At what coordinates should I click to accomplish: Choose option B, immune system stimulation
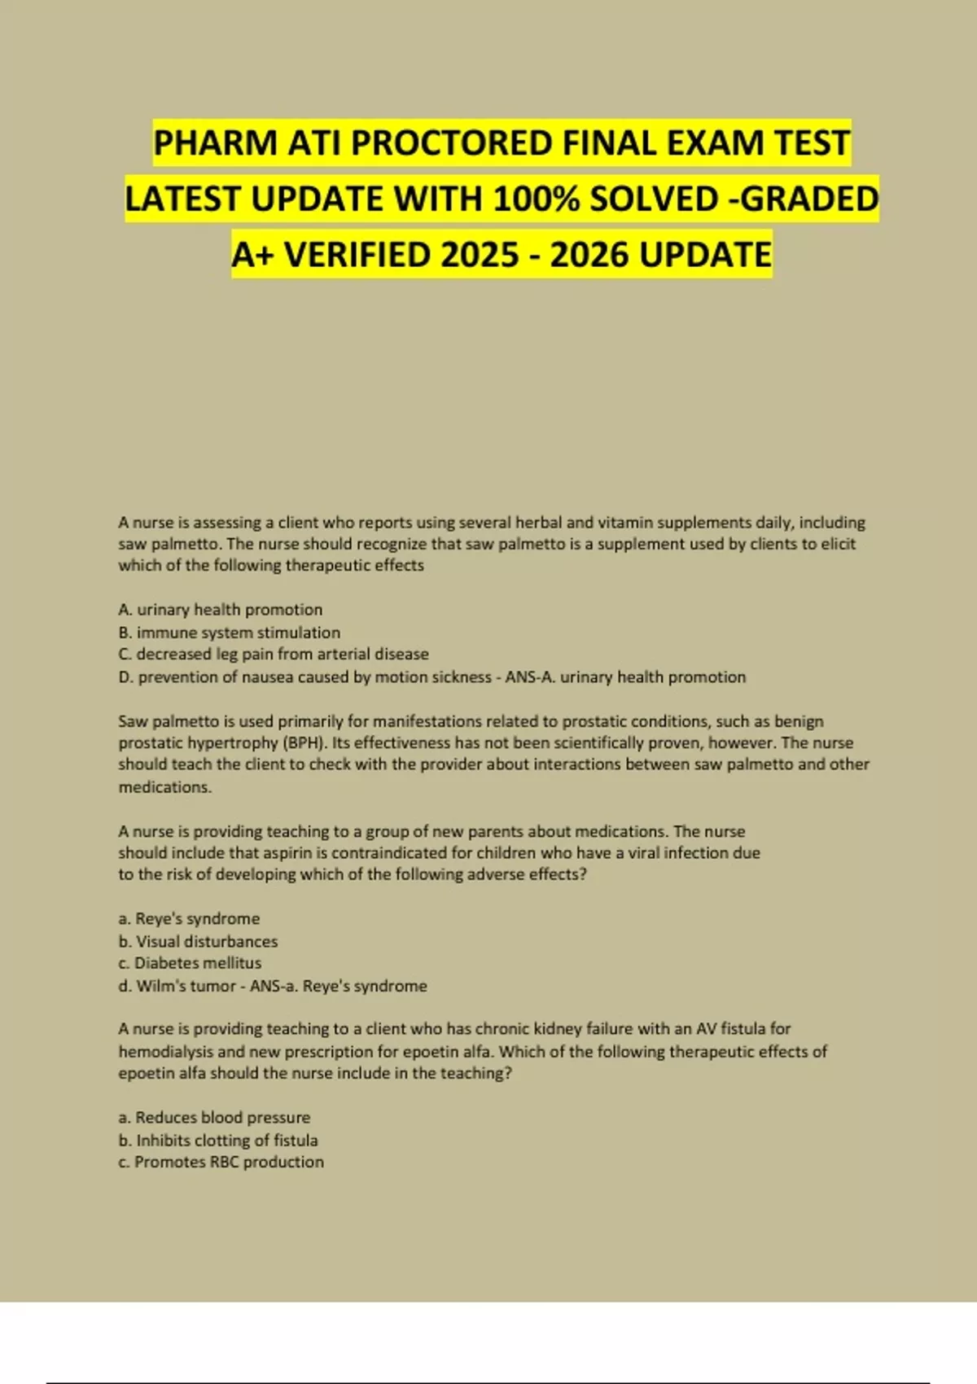coord(229,633)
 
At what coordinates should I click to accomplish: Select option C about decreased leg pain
coord(273,654)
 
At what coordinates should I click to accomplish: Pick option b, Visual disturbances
coord(198,941)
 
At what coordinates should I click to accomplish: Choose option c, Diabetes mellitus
coord(190,962)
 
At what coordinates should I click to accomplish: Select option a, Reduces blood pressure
coord(214,1117)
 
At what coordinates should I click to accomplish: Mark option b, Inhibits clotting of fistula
coord(218,1140)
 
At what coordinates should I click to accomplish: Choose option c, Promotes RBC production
coord(221,1162)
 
